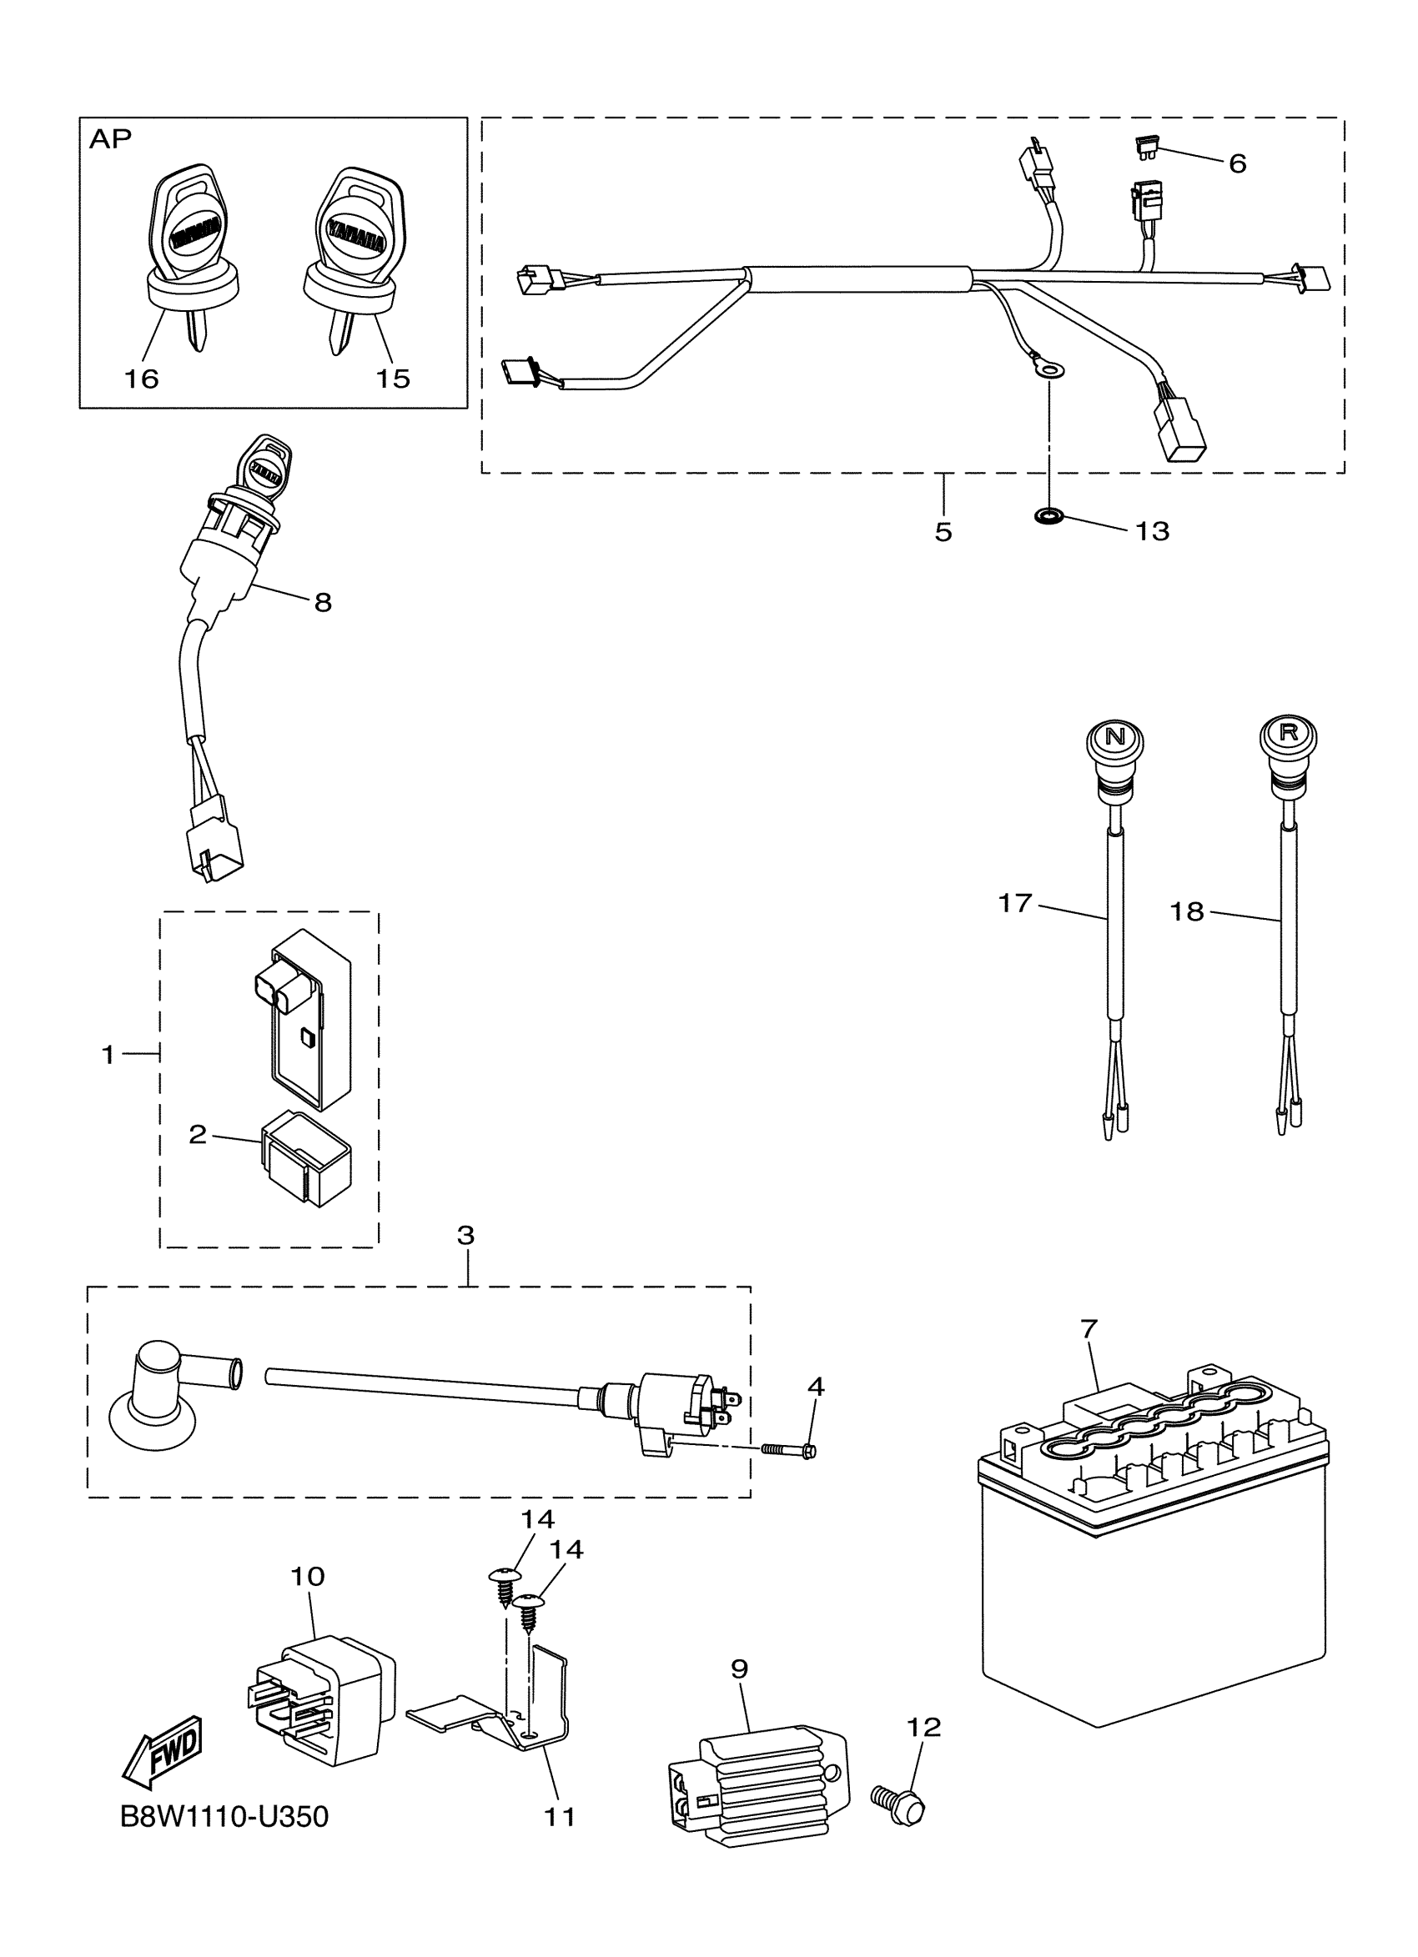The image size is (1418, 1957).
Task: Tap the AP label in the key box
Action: click(110, 139)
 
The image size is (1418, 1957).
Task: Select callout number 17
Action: click(1015, 903)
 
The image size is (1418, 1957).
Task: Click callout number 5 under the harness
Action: click(943, 531)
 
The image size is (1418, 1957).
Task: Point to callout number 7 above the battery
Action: click(1089, 1330)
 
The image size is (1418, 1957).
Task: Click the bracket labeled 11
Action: click(509, 1719)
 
